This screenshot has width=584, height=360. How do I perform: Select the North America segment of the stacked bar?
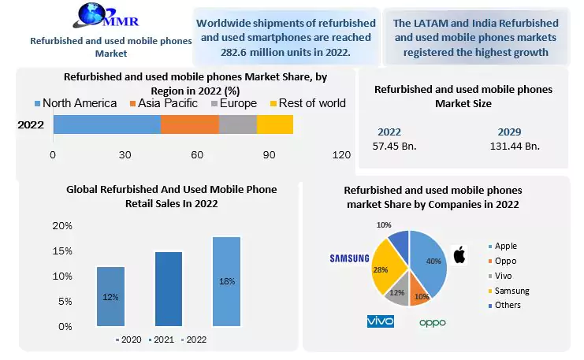click(106, 124)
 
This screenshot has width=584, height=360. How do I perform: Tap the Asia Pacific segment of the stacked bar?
click(189, 124)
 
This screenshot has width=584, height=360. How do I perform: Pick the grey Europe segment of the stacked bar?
click(237, 124)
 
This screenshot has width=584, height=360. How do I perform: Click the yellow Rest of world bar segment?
click(275, 124)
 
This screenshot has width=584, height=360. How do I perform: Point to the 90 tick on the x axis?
click(270, 155)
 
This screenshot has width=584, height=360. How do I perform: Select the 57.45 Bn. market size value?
click(394, 146)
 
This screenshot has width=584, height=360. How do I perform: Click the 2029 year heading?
click(510, 132)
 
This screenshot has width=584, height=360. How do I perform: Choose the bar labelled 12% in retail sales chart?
click(110, 296)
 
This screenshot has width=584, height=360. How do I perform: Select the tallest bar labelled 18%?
click(226, 281)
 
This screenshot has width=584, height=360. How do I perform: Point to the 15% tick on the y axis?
click(62, 251)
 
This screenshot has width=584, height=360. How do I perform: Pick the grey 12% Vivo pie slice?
click(396, 291)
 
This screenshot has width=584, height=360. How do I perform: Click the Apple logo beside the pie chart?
click(459, 254)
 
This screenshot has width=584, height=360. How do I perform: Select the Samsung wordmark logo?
click(349, 258)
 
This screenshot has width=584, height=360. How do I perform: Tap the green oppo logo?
click(433, 322)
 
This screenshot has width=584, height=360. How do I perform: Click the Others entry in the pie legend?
click(506, 305)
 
